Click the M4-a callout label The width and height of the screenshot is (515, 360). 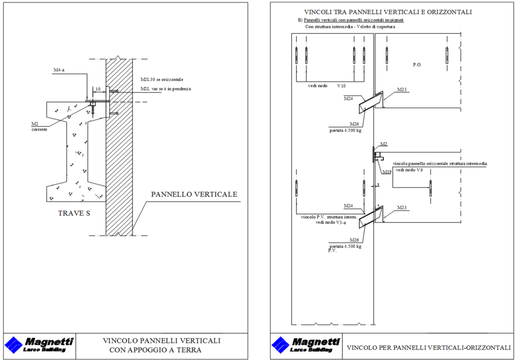coord(59,70)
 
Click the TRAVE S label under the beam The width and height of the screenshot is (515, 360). coord(74,213)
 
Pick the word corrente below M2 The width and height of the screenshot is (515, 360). coord(39,130)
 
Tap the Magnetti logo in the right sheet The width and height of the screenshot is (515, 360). coord(306,345)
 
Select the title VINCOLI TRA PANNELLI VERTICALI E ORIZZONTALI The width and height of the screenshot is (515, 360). coord(387,12)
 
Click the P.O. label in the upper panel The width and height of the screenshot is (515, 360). coord(417,65)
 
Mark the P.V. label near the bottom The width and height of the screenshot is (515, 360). coord(332,250)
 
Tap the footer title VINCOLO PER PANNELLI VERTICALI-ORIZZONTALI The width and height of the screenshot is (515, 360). coord(429,347)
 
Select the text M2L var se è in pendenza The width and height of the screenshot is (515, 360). coord(166,89)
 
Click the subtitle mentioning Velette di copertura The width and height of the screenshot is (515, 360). coord(350,27)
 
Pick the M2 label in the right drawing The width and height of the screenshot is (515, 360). coord(384,144)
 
